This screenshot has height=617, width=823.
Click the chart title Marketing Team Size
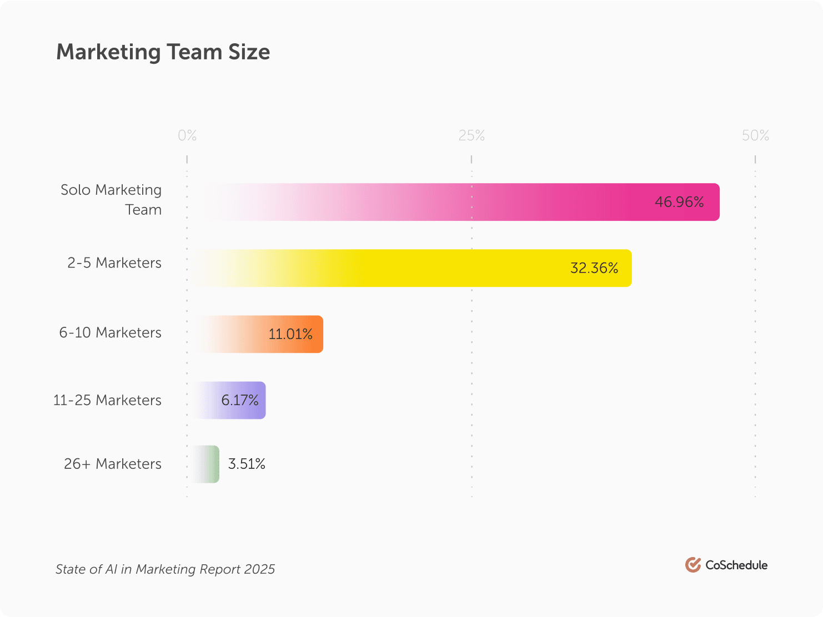pyautogui.click(x=163, y=52)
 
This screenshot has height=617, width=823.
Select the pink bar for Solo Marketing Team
pyautogui.click(x=455, y=202)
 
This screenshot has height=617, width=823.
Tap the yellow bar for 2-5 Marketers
pyautogui.click(x=411, y=268)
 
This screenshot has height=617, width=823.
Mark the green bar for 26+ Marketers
pyautogui.click(x=207, y=464)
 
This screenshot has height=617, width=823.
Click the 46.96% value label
pyautogui.click(x=679, y=202)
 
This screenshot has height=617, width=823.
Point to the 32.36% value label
pyautogui.click(x=594, y=268)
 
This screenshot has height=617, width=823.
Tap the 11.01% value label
pyautogui.click(x=290, y=334)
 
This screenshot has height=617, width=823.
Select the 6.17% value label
pyautogui.click(x=240, y=400)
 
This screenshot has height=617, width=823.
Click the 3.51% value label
pyautogui.click(x=247, y=464)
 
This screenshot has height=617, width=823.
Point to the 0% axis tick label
pyautogui.click(x=187, y=135)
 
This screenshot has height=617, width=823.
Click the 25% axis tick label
pyautogui.click(x=471, y=135)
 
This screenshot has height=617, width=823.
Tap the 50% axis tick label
pyautogui.click(x=755, y=135)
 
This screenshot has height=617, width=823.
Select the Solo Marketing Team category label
pyautogui.click(x=111, y=200)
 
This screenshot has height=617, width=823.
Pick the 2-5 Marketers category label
pyautogui.click(x=114, y=262)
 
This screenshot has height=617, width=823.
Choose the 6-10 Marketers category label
pyautogui.click(x=111, y=332)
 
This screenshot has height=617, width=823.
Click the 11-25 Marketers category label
pyautogui.click(x=107, y=400)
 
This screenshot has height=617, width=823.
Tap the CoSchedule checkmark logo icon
pyautogui.click(x=692, y=565)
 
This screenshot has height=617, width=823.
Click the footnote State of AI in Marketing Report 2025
pyautogui.click(x=165, y=569)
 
